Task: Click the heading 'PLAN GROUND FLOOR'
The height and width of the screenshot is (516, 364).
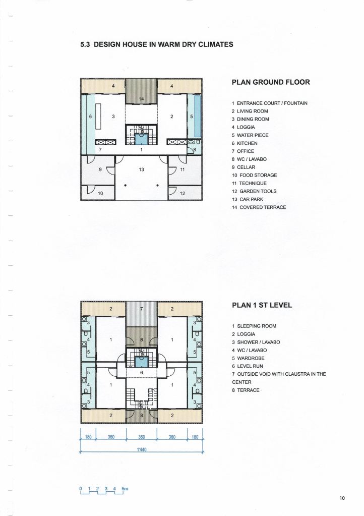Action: tap(271, 82)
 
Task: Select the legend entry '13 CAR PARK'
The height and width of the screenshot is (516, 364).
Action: tap(248, 199)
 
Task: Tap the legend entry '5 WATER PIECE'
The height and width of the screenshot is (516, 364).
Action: tap(250, 135)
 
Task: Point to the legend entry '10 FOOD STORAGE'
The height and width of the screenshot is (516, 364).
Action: tap(255, 176)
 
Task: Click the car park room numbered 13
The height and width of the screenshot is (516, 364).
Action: tap(141, 178)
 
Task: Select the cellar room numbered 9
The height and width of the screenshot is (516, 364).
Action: tap(98, 170)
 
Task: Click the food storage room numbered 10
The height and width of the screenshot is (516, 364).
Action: tap(98, 193)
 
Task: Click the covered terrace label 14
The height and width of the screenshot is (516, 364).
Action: tap(141, 99)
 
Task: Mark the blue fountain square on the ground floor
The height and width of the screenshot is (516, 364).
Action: tap(142, 139)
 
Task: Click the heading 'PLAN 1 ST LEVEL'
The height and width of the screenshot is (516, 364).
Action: tap(262, 305)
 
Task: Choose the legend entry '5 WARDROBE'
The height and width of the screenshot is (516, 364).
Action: tap(248, 358)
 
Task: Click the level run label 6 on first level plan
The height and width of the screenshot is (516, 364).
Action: tap(141, 373)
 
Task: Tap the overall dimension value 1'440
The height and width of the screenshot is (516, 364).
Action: tap(141, 449)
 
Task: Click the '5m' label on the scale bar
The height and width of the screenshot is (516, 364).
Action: tap(125, 489)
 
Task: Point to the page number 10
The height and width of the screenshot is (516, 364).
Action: tap(342, 498)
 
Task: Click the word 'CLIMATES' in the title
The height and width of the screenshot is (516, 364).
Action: tap(216, 44)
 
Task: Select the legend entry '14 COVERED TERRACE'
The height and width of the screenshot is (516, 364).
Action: tap(259, 207)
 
